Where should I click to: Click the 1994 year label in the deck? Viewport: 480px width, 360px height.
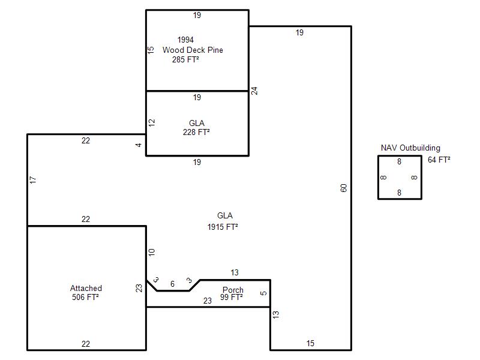pyautogui.click(x=185, y=40)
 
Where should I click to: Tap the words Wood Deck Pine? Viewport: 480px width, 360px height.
pyautogui.click(x=193, y=50)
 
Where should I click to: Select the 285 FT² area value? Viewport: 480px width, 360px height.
pyautogui.click(x=185, y=59)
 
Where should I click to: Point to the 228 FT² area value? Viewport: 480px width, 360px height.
pyautogui.click(x=196, y=132)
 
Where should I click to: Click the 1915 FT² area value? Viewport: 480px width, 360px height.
pyautogui.click(x=223, y=227)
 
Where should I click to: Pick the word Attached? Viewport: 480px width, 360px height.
pyautogui.click(x=86, y=288)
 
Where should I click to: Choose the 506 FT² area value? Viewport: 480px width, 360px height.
pyautogui.click(x=85, y=297)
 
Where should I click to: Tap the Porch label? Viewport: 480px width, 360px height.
pyautogui.click(x=233, y=290)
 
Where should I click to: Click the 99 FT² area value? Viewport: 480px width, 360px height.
pyautogui.click(x=232, y=297)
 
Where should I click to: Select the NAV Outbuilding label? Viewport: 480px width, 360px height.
pyautogui.click(x=410, y=148)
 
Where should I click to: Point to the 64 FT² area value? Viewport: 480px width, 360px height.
pyautogui.click(x=439, y=160)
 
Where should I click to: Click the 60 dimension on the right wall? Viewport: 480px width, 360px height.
pyautogui.click(x=343, y=188)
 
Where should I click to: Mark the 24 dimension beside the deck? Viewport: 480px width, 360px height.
pyautogui.click(x=254, y=91)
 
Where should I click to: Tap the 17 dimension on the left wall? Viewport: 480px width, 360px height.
pyautogui.click(x=33, y=180)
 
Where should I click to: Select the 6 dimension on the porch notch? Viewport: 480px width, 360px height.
pyautogui.click(x=172, y=284)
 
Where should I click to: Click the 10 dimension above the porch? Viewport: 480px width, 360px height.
pyautogui.click(x=152, y=252)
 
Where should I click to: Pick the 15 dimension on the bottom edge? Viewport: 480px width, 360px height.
pyautogui.click(x=310, y=343)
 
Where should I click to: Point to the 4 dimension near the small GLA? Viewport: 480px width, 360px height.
pyautogui.click(x=139, y=145)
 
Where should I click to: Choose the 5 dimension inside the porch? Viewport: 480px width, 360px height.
pyautogui.click(x=263, y=293)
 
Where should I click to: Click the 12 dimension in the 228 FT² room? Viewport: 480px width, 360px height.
pyautogui.click(x=152, y=123)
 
